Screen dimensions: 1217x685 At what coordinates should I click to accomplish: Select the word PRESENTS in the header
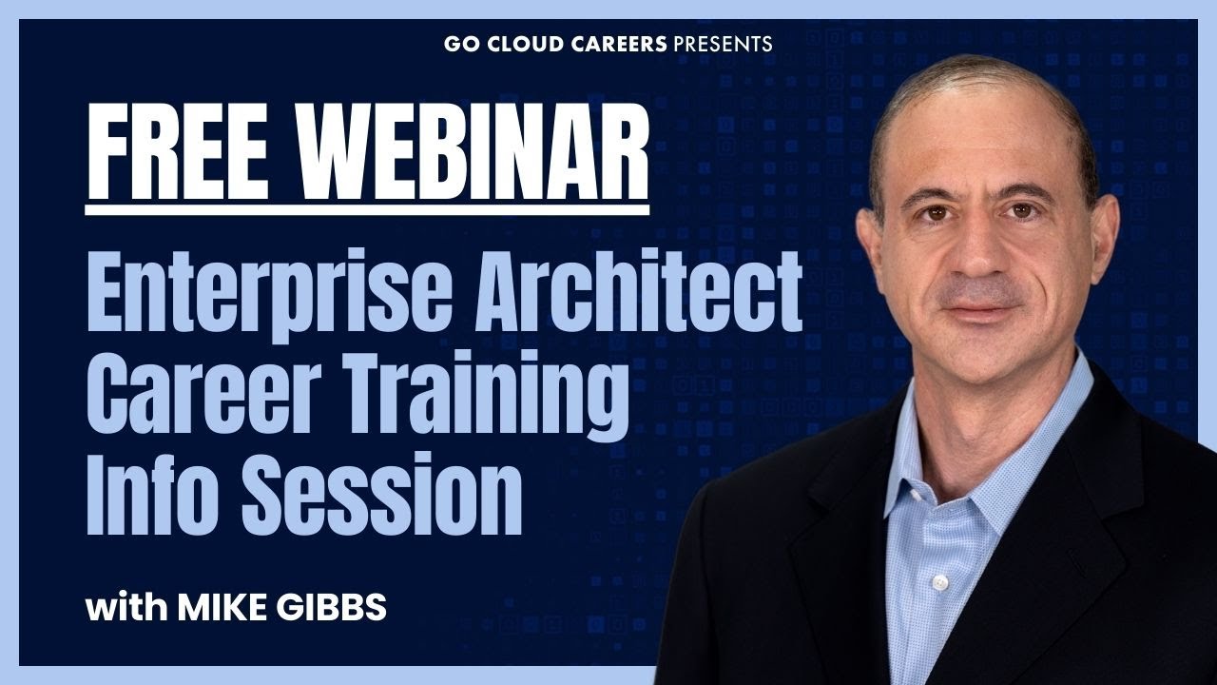click(x=723, y=44)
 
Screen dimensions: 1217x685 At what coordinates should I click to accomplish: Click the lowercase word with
click(x=126, y=607)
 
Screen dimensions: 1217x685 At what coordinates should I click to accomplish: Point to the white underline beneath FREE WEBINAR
click(x=367, y=210)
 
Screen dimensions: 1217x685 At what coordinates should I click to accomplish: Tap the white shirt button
click(x=939, y=583)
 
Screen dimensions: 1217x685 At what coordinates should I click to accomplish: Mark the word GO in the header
click(x=463, y=44)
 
